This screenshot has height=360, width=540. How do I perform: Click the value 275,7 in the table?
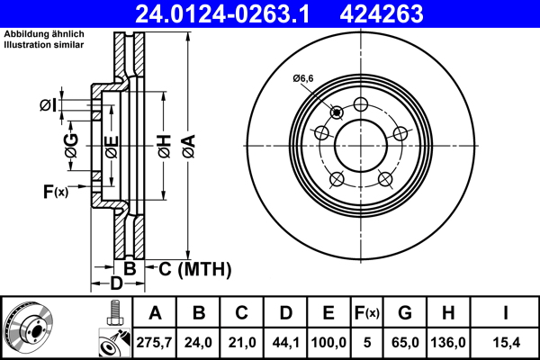(154, 343)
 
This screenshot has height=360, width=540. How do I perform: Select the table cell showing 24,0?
(198, 343)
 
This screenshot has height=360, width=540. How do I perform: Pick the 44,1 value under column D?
(285, 343)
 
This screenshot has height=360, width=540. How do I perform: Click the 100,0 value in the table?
(328, 343)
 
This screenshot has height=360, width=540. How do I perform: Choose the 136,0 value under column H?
(449, 343)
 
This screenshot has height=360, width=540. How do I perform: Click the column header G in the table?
(405, 313)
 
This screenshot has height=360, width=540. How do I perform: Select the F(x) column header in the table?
(366, 313)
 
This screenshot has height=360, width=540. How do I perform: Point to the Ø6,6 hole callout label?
(302, 79)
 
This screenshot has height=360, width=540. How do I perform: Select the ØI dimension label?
(48, 106)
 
